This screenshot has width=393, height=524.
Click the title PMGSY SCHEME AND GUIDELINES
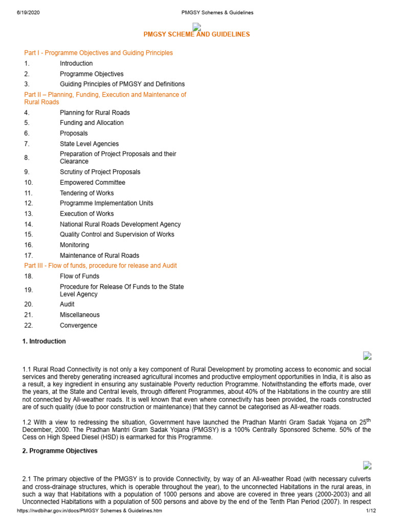pos(196,34)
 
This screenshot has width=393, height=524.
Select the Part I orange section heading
pos(98,53)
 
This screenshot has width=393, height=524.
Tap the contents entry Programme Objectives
pos(92,74)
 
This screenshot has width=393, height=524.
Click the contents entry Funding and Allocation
pos(92,123)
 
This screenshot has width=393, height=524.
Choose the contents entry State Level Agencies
pos(89,144)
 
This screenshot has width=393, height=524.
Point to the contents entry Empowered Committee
pos(92,183)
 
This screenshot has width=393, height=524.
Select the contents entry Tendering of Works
pos(86,193)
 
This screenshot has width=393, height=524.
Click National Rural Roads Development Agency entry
pos(120,224)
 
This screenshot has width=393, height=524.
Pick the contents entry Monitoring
pos(74,245)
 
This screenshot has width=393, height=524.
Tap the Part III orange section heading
pos(100,266)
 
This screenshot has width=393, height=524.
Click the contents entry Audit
pos(67,304)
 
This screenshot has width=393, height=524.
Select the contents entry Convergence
pos(78,325)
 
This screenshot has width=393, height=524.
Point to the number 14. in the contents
pos(29,224)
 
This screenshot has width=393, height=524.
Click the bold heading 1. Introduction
pos(44,341)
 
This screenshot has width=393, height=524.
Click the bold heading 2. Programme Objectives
pos(60,451)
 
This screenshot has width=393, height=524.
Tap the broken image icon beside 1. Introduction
pos(367,356)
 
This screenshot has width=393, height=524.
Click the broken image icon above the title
pos(196,27)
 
